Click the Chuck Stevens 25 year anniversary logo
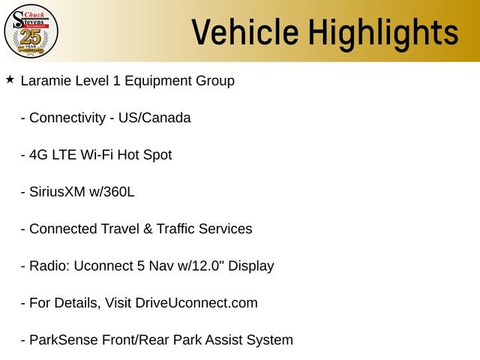[x=31, y=31]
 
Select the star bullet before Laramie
[x=10, y=79]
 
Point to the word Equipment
[x=158, y=81]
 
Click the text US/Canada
[x=154, y=118]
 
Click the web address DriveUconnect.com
[x=196, y=303]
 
